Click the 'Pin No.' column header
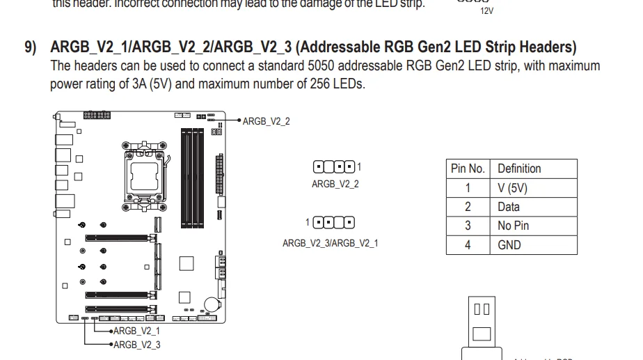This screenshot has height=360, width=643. point(468,169)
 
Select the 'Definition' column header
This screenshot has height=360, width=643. point(519,169)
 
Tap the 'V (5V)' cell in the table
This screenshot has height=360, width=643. point(513,188)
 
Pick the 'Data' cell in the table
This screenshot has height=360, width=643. point(509,207)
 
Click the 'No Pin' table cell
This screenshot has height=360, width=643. point(514,226)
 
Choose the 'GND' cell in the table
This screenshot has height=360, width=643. point(509,245)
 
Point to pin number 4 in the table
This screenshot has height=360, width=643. point(468,245)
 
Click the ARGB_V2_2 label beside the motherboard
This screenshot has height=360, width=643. point(267,121)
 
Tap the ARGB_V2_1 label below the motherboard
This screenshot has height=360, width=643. point(136,331)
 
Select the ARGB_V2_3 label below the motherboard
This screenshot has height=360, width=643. point(136,345)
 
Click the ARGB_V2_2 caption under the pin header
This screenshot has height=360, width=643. point(335,185)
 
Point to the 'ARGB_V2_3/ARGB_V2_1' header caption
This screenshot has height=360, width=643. point(330,243)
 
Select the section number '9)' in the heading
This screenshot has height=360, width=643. point(31,47)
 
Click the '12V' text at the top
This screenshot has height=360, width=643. point(486,11)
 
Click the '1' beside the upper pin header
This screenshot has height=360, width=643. point(359,166)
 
